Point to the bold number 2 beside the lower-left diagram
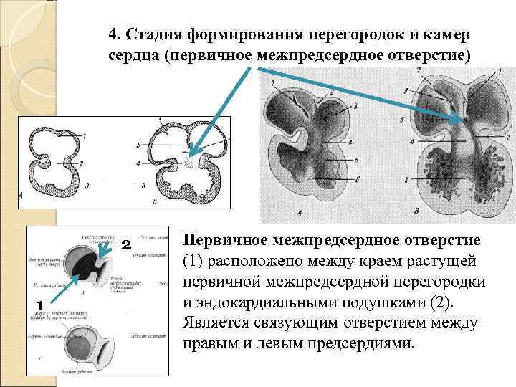[x=125, y=245]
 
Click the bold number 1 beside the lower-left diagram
[x=40, y=306]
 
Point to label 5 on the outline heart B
[x=138, y=145]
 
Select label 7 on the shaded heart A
[x=273, y=83]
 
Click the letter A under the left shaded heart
[x=298, y=212]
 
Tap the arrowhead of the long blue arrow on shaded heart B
[x=462, y=119]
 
